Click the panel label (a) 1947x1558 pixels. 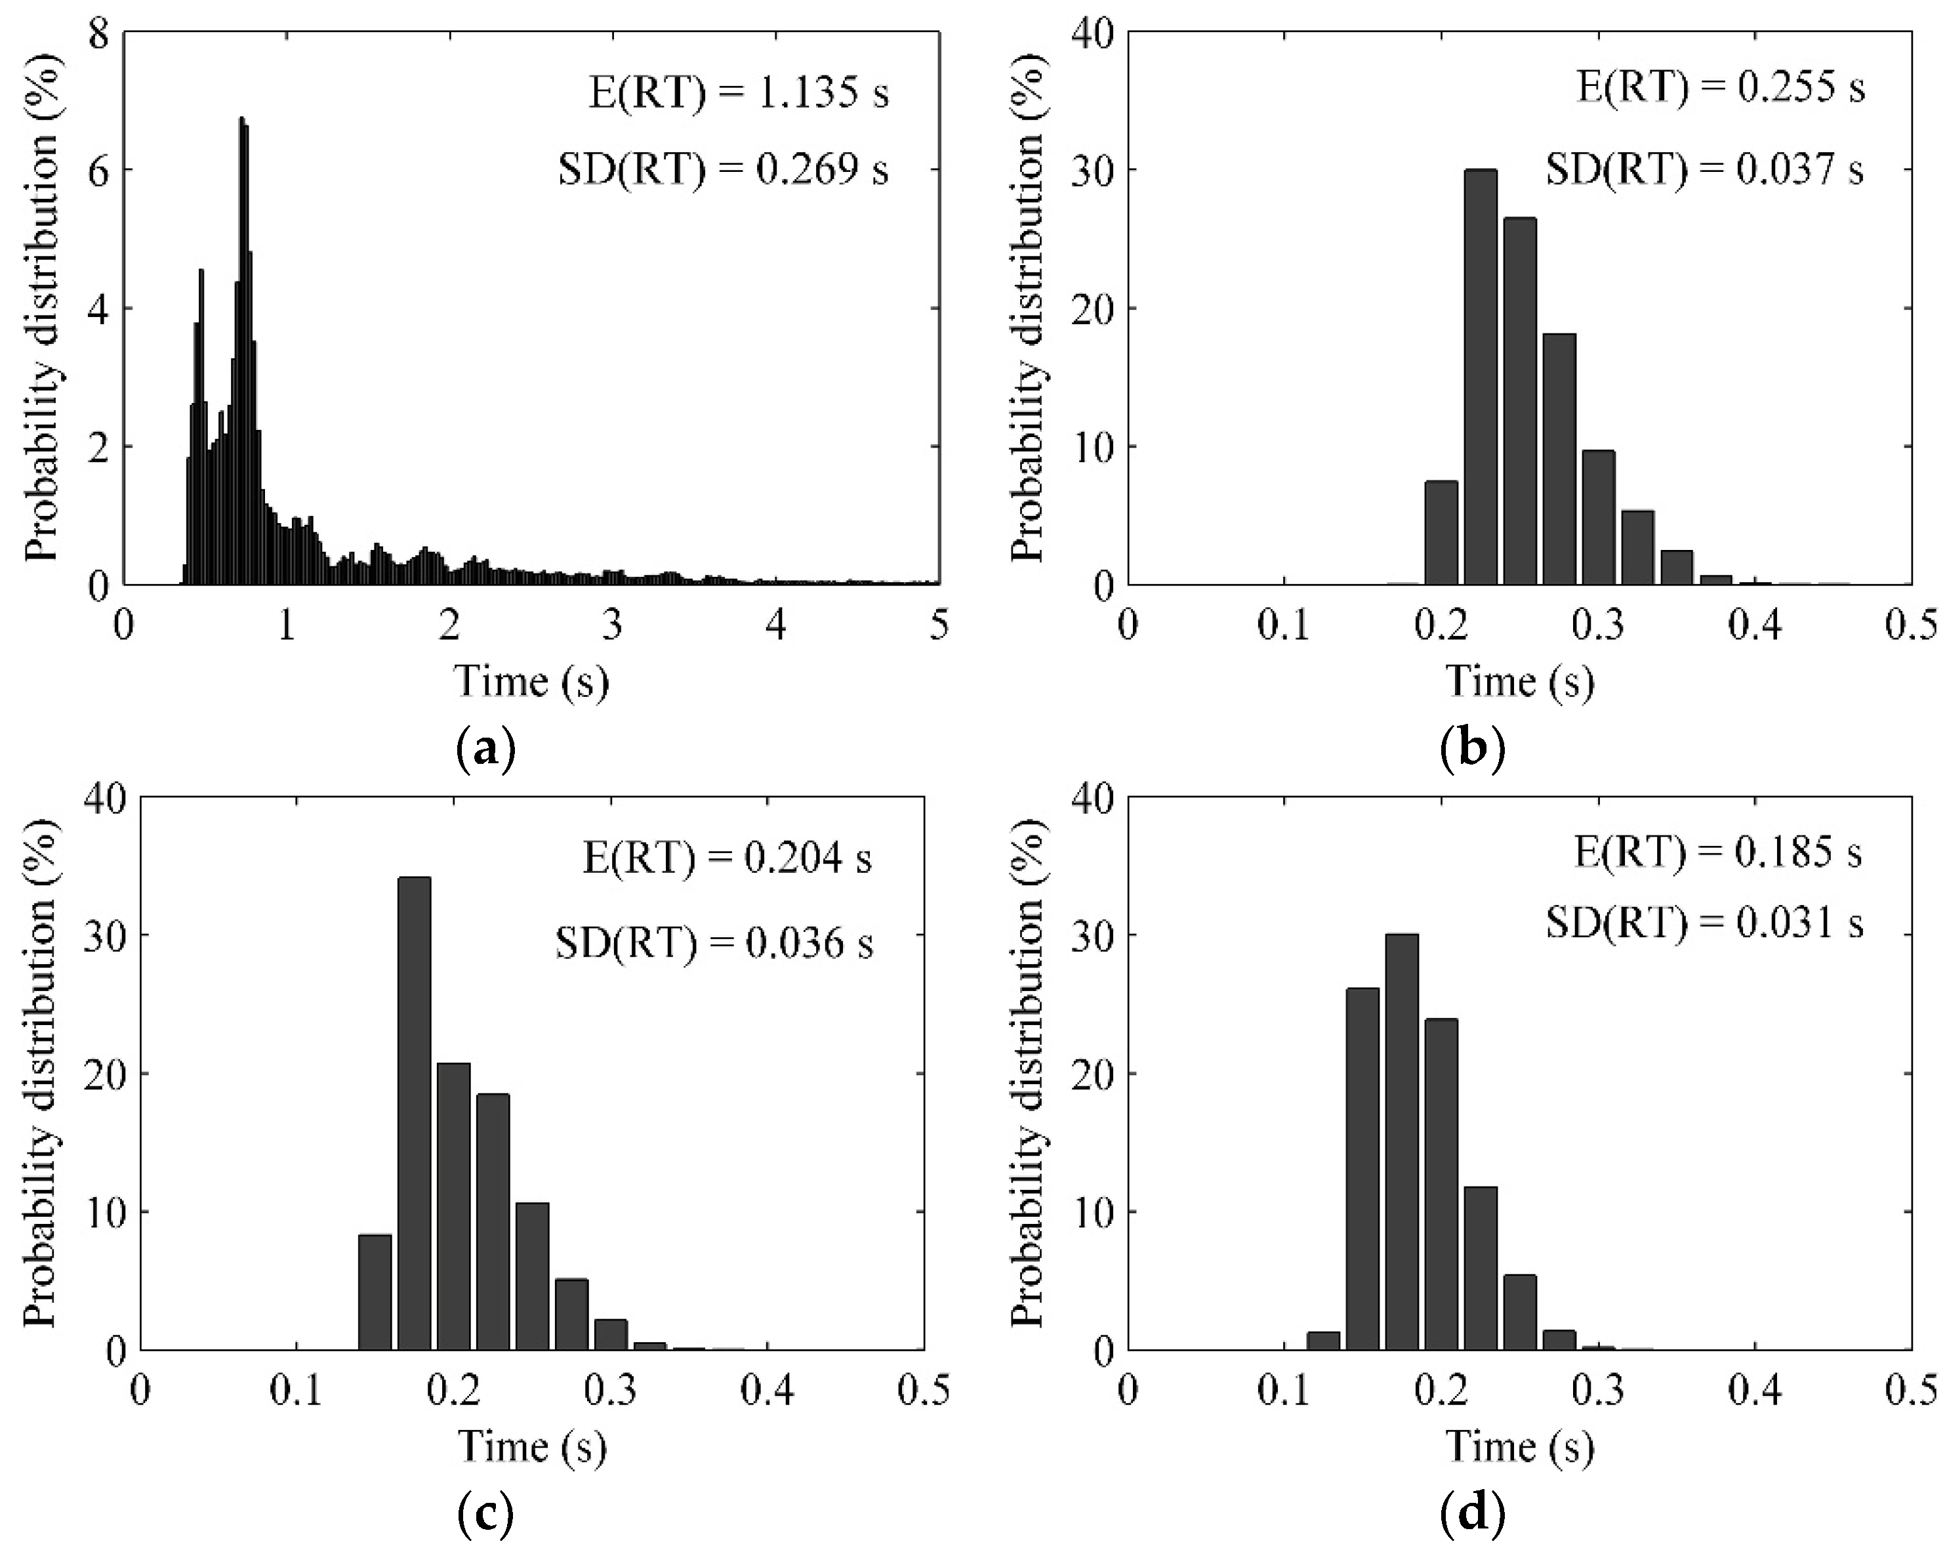coord(487,749)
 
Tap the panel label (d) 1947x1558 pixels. coord(1473,1513)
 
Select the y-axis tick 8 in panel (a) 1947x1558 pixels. coord(98,33)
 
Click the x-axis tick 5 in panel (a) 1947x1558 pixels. coord(939,625)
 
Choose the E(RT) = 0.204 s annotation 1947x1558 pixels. coord(727,858)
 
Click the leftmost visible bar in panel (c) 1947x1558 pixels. coord(375,1292)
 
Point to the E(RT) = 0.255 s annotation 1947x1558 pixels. coord(1720,87)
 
